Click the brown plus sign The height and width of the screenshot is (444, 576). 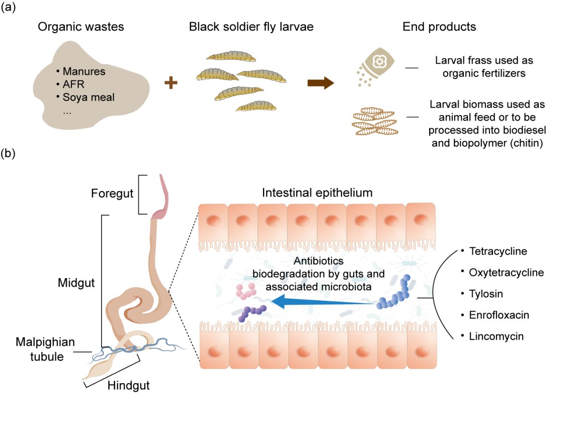[x=172, y=83]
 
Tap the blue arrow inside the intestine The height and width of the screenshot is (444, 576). [x=322, y=302]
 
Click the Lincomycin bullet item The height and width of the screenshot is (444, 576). [x=496, y=336]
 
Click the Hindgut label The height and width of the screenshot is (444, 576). [x=129, y=386]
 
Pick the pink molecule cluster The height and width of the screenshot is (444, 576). [x=246, y=291]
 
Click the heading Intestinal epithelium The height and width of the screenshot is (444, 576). [x=317, y=193]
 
